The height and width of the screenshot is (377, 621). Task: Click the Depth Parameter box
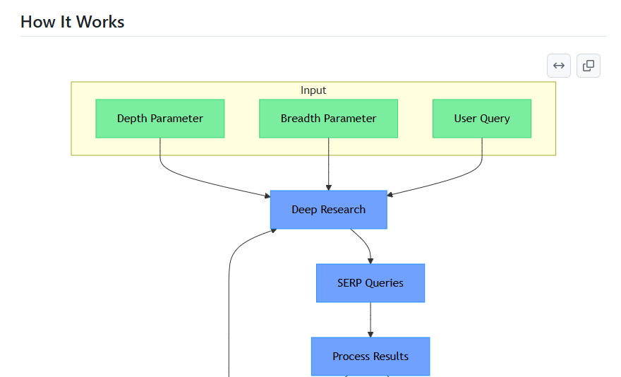click(x=160, y=119)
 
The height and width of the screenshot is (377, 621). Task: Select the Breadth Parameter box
click(x=328, y=119)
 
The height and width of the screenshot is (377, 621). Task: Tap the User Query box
click(x=482, y=119)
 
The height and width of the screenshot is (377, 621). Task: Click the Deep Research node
click(x=329, y=210)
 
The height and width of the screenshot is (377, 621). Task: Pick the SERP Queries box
click(x=370, y=283)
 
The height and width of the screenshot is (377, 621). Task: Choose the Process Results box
click(x=370, y=357)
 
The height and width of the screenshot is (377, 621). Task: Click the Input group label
click(x=313, y=90)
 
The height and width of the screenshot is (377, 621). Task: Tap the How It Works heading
click(x=73, y=22)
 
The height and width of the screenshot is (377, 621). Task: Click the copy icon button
click(x=589, y=66)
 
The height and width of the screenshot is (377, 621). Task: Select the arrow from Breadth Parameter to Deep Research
click(x=329, y=164)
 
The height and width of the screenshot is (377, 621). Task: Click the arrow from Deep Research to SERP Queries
click(x=367, y=243)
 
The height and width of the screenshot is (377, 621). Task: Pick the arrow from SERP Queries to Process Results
click(x=370, y=320)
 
